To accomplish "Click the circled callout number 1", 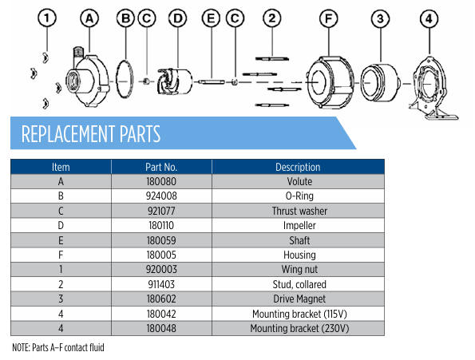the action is [47, 18].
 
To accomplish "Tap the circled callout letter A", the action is [89, 18].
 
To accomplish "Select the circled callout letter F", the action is [329, 18].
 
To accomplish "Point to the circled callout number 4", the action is [429, 19].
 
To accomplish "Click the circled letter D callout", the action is [177, 18].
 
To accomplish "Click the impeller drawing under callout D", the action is [175, 81].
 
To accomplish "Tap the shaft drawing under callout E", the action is [212, 81].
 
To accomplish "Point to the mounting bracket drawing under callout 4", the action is [433, 88].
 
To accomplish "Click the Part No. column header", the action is [161, 167].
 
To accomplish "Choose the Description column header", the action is [298, 167].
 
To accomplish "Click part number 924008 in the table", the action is [161, 196].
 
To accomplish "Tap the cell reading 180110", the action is [161, 226].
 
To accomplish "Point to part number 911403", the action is [161, 284].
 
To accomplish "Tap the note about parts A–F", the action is [58, 347].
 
